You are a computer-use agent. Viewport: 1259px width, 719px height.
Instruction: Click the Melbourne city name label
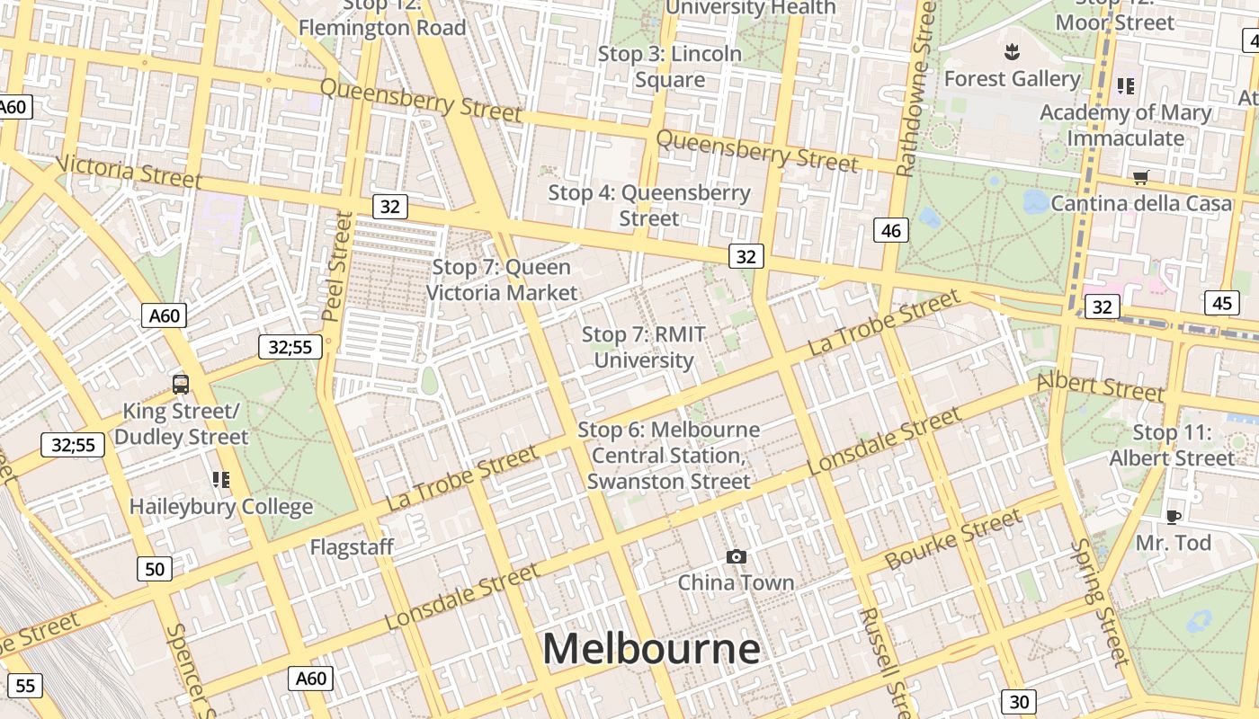coord(651,649)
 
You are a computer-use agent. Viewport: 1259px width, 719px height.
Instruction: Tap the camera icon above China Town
coord(737,557)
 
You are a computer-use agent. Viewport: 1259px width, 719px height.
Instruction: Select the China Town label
coord(737,582)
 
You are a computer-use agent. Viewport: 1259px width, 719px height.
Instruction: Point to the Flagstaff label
coord(352,546)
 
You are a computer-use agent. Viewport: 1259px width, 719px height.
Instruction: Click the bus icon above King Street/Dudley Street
coord(181,385)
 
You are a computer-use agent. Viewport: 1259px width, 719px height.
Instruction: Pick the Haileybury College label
coord(221,506)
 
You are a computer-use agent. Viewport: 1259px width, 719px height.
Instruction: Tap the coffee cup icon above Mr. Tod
coord(1173,517)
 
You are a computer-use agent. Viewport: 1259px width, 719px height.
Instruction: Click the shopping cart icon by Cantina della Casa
coord(1140,177)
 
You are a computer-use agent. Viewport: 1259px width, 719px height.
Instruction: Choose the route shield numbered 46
coord(890,231)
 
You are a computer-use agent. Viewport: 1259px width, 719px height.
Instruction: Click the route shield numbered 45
coord(1221,303)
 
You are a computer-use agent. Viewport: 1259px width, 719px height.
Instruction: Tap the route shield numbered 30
coord(1018,701)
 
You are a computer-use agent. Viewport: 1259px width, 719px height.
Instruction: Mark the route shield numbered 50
coord(155,568)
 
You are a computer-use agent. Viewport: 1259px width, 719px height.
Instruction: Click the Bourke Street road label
coord(953,538)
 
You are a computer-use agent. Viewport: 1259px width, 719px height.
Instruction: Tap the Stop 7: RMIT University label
coord(644,348)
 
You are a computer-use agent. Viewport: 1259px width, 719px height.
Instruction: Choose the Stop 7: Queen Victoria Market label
coord(502,280)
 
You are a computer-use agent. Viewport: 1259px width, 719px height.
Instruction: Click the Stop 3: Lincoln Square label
coord(670,67)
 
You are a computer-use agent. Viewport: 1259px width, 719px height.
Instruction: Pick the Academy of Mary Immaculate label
coord(1126,125)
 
